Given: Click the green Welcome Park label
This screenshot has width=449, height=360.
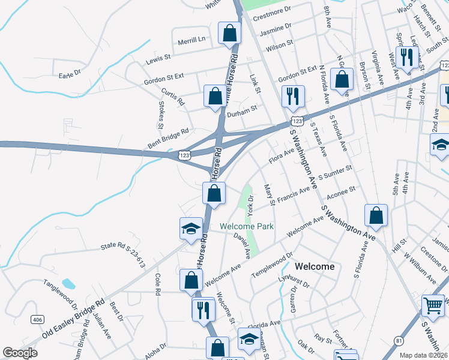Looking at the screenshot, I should [x=247, y=226].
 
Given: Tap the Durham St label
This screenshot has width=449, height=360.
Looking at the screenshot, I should [x=241, y=109].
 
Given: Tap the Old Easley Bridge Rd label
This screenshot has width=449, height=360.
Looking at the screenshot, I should [x=74, y=320].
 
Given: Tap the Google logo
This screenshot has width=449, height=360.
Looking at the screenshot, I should [x=20, y=353].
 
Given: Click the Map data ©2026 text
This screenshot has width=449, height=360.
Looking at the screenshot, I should [x=424, y=355].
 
